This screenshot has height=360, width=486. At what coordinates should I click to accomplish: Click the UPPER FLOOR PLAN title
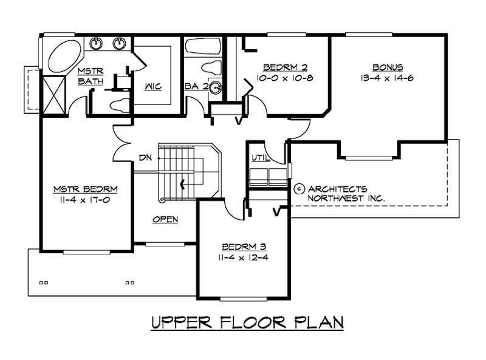(247, 322)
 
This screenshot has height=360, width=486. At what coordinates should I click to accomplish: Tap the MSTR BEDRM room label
(85, 188)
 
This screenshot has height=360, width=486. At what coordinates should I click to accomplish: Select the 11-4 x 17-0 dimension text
(85, 199)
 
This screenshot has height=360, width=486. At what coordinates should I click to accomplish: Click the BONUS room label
(388, 67)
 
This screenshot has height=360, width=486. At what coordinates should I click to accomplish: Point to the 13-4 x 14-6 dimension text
(388, 78)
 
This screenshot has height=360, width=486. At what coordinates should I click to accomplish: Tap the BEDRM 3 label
(242, 247)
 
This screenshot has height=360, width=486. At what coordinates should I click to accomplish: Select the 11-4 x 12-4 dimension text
(242, 258)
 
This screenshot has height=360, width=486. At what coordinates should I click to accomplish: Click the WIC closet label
(152, 86)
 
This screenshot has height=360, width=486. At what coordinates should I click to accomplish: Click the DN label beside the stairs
(145, 158)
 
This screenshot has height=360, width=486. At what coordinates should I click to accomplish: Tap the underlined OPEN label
(165, 219)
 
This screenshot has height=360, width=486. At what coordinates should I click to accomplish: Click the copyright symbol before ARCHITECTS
(299, 189)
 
